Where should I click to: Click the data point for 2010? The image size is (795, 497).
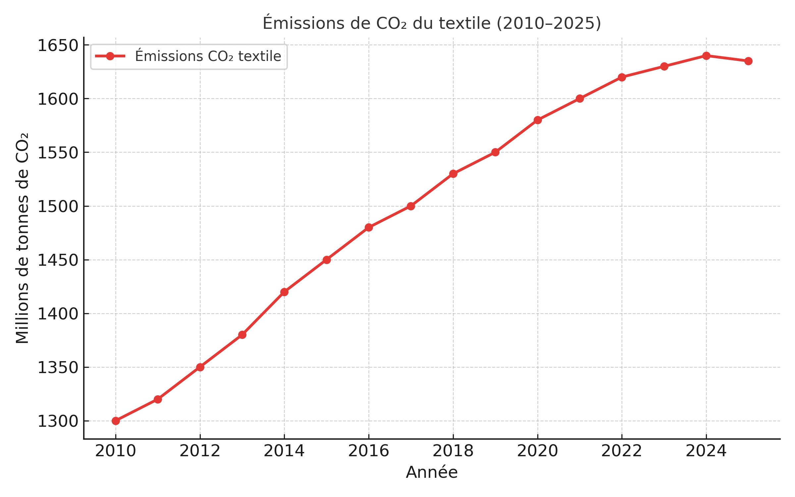(x=116, y=421)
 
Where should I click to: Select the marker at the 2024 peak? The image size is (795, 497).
(x=706, y=56)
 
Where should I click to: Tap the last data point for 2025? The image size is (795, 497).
(x=748, y=61)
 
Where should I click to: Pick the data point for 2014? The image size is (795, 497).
(x=284, y=292)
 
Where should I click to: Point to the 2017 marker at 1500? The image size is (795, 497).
(x=411, y=206)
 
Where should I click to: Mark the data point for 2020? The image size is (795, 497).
(x=538, y=120)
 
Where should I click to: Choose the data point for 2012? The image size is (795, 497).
(x=200, y=367)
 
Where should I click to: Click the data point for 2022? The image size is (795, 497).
(x=622, y=77)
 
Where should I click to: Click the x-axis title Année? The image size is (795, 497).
(x=432, y=472)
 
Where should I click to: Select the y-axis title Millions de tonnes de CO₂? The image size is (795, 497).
(x=23, y=238)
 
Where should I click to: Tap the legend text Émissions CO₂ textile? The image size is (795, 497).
(x=208, y=56)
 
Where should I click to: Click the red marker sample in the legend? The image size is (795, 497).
(x=110, y=56)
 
